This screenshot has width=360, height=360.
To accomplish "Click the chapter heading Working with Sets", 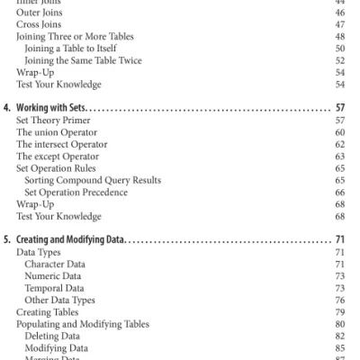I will pyautogui.click(x=64, y=106).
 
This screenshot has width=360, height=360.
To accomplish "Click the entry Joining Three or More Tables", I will pyautogui.click(x=69, y=37).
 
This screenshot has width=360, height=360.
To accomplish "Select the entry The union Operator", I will pyautogui.click(x=56, y=130).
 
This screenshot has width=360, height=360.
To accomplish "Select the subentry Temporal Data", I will pyautogui.click(x=55, y=288).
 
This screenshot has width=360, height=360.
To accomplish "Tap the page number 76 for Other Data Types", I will pyautogui.click(x=340, y=300).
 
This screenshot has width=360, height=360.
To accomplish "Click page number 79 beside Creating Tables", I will pyautogui.click(x=340, y=311).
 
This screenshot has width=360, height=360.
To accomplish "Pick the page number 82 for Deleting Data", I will pyautogui.click(x=340, y=335).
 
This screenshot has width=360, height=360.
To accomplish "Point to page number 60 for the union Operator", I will pyautogui.click(x=340, y=130).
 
